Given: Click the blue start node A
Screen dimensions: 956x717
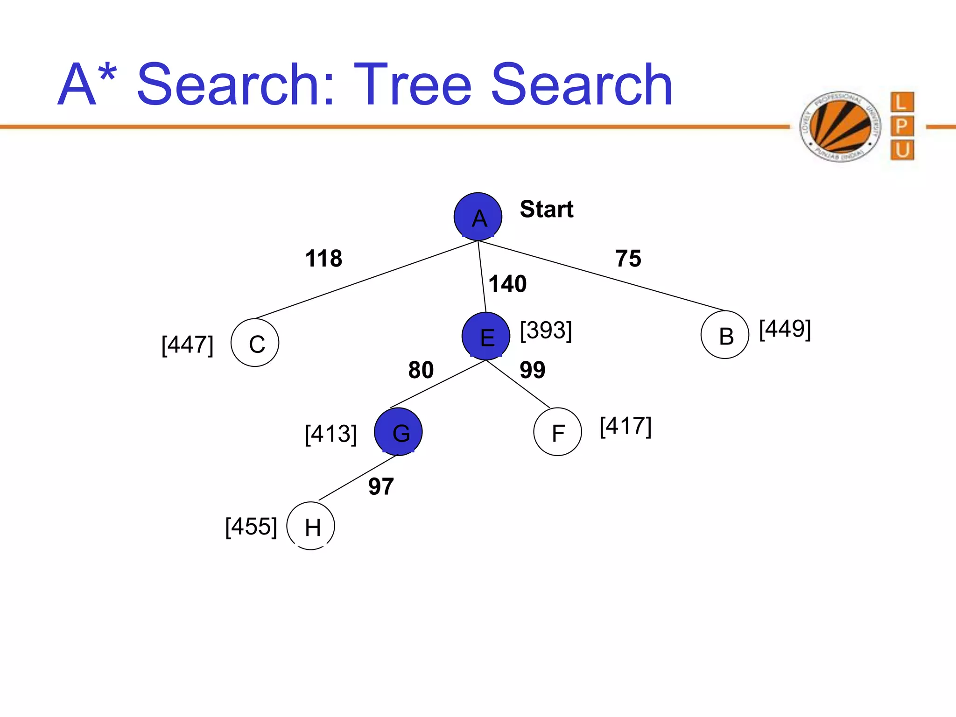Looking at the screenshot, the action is click(x=478, y=217).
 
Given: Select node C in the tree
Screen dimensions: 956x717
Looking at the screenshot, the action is click(x=255, y=343).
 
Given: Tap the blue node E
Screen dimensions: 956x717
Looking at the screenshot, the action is click(x=486, y=336).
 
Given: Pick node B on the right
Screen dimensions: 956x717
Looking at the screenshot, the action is click(x=725, y=335).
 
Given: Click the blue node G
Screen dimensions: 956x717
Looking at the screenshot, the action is click(x=398, y=432).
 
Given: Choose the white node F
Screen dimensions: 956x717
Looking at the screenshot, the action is click(x=558, y=432).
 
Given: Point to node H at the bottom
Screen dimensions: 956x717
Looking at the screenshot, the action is click(x=311, y=526).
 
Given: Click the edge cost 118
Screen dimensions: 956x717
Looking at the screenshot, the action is click(x=323, y=258).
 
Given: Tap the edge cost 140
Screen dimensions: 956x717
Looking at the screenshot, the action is click(x=507, y=284).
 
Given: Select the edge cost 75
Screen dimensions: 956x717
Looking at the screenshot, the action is click(x=628, y=258).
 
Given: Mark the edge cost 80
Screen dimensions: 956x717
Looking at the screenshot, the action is click(x=421, y=370).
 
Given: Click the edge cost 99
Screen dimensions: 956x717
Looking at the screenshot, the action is click(x=532, y=370).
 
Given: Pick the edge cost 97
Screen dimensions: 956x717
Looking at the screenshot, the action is click(x=381, y=486).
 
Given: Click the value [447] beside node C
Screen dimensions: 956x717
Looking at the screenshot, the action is click(x=188, y=345).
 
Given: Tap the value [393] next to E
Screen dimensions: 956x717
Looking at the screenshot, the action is click(x=546, y=330).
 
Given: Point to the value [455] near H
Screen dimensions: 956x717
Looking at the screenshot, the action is click(x=251, y=527).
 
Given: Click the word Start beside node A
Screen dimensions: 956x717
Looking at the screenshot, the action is click(x=547, y=209).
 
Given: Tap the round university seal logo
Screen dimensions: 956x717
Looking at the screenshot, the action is click(x=840, y=127).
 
